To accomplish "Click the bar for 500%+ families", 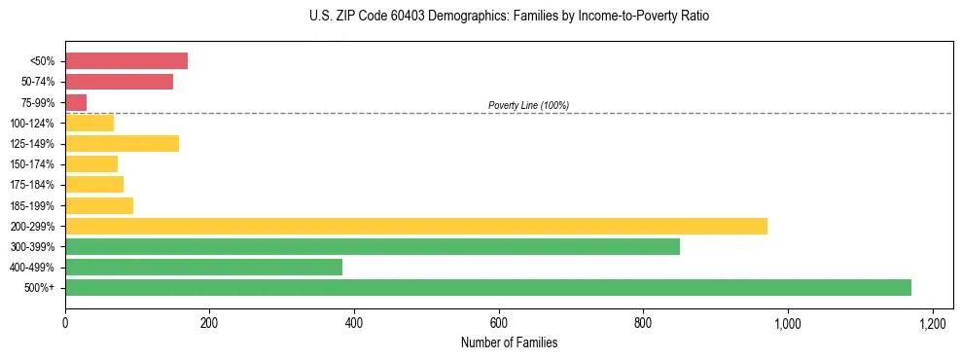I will (x=487, y=287).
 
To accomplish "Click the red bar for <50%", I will (x=125, y=61).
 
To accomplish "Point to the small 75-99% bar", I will (x=76, y=102).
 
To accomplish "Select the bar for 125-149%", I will (x=122, y=144).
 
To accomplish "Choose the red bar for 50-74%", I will (x=119, y=82).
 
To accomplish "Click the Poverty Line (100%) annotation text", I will (x=528, y=105).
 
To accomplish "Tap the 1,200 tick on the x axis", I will (x=932, y=322).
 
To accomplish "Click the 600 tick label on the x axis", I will (x=498, y=322).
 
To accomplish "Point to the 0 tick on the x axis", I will (x=65, y=322).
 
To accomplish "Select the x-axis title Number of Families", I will (x=509, y=342).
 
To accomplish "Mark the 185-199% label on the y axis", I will (x=32, y=205).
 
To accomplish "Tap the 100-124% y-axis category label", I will (x=32, y=124).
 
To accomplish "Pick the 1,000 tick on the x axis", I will (x=787, y=322).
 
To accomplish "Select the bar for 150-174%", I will (x=91, y=164).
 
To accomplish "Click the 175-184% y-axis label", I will (x=32, y=185).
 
